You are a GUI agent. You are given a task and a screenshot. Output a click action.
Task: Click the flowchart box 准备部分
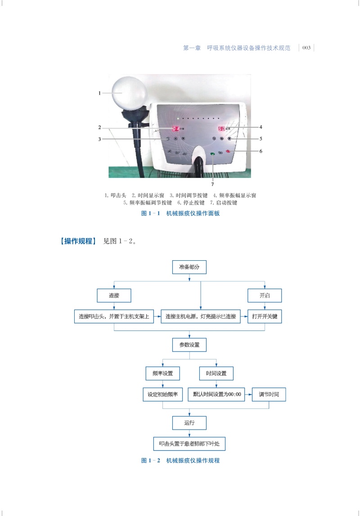(189, 267)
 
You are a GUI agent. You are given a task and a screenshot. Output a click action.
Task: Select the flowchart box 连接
(114, 295)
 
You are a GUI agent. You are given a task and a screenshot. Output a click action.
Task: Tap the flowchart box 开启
(265, 295)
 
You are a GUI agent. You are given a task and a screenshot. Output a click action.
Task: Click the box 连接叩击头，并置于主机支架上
(114, 316)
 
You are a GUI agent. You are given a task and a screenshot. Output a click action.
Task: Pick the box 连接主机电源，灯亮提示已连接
(201, 316)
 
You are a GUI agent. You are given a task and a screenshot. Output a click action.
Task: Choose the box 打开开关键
(265, 316)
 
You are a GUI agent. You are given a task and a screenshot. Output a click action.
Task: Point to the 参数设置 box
(189, 345)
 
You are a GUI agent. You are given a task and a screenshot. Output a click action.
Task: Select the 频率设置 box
(162, 373)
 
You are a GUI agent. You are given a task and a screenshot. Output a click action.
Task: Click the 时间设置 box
(216, 373)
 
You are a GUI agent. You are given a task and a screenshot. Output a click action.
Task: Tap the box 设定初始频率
(162, 394)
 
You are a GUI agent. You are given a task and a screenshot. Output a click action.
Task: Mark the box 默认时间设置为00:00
(217, 394)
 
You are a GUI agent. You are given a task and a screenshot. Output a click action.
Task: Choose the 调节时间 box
(269, 394)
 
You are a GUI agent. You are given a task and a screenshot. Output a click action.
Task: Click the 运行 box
(189, 423)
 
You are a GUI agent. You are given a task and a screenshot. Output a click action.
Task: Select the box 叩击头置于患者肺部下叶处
(189, 444)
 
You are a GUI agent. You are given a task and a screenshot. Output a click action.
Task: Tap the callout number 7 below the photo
(212, 184)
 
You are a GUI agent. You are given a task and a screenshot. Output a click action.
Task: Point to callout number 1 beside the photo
(99, 93)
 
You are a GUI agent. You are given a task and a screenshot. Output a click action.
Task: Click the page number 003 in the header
(306, 48)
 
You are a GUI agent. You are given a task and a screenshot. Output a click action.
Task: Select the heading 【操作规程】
(78, 241)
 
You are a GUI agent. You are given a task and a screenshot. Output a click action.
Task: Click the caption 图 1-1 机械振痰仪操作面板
(180, 214)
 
